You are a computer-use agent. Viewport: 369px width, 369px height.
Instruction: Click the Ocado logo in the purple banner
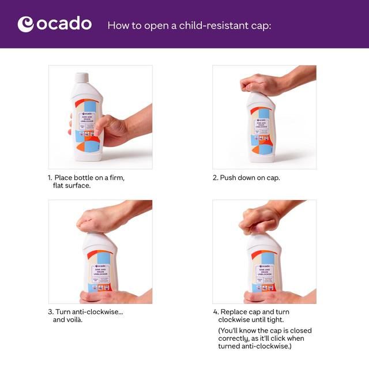pos(55,24)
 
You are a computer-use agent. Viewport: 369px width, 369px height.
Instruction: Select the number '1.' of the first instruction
pos(50,178)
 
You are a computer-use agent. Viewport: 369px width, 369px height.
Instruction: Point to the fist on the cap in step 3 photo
pos(96,219)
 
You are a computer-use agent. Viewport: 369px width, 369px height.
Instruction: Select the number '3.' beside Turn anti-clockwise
pos(51,312)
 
